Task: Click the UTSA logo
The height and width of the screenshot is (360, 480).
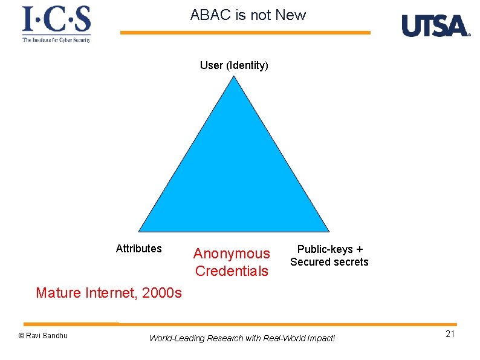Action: pyautogui.click(x=435, y=26)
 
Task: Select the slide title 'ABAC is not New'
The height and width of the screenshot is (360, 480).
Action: pyautogui.click(x=248, y=15)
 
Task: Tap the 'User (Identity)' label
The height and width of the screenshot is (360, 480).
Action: pyautogui.click(x=234, y=65)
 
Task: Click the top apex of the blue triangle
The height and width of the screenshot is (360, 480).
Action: pyautogui.click(x=234, y=77)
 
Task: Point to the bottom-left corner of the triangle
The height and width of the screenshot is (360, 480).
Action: pyautogui.click(x=140, y=231)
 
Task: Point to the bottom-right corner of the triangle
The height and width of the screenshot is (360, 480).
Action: pyautogui.click(x=328, y=231)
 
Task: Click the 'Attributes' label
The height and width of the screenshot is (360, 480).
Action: pyautogui.click(x=138, y=249)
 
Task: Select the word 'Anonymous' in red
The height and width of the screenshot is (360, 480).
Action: pyautogui.click(x=232, y=254)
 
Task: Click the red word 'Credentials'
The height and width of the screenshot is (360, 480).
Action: pyautogui.click(x=232, y=271)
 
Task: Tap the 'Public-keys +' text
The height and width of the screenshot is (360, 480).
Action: pyautogui.click(x=329, y=249)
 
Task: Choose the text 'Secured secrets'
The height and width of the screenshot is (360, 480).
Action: pyautogui.click(x=329, y=262)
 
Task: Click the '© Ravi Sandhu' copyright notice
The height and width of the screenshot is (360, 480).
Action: pyautogui.click(x=43, y=336)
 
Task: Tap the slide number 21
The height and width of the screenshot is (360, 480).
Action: pyautogui.click(x=450, y=335)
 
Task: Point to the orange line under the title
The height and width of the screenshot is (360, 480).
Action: pyautogui.click(x=245, y=33)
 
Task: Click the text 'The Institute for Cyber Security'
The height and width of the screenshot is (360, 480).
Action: pyautogui.click(x=56, y=40)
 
